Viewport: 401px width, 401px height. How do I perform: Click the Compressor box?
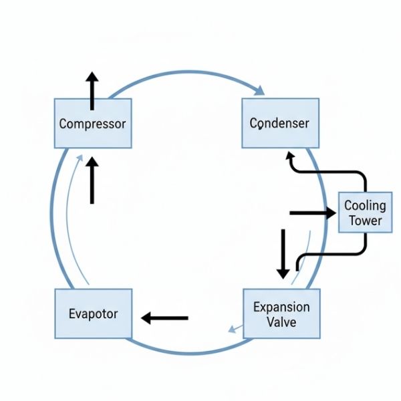point(92,124)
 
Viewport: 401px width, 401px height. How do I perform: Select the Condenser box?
point(279,124)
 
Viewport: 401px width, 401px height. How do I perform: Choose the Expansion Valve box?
point(281,315)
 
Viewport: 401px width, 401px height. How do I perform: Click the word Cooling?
point(365,205)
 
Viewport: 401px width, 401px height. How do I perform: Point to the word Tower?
point(365,221)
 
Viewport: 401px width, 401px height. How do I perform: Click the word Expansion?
point(281,307)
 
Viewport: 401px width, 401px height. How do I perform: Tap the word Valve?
point(281,322)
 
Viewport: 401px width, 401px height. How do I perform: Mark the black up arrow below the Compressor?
point(92,180)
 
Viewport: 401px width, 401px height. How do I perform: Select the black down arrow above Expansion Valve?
point(283,254)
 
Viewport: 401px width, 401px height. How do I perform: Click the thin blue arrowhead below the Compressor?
point(81,158)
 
